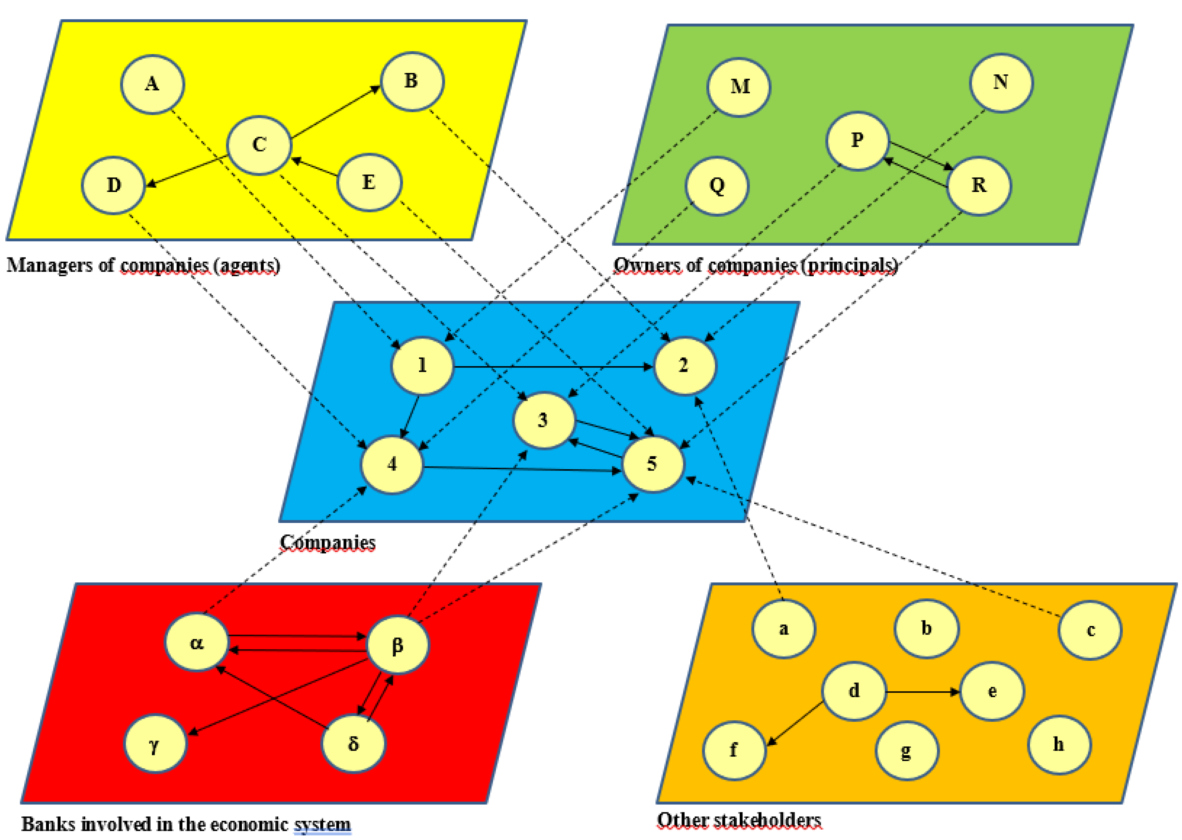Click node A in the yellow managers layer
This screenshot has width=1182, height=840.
click(152, 84)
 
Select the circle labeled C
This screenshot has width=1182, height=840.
click(259, 145)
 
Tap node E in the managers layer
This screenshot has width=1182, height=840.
click(369, 182)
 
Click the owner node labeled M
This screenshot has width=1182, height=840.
click(739, 87)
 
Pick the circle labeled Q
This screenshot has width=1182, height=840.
click(717, 185)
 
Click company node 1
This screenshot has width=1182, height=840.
click(422, 366)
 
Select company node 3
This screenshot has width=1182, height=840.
click(543, 419)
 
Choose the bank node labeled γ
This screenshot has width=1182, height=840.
click(155, 743)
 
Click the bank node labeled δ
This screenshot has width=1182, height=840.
click(353, 743)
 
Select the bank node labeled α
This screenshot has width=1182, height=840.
click(196, 642)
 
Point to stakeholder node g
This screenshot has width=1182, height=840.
click(906, 750)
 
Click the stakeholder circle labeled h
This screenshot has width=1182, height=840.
click(1059, 744)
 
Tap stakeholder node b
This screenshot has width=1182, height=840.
click(926, 628)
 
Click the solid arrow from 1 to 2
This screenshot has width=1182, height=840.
click(553, 367)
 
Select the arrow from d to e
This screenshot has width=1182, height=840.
click(923, 692)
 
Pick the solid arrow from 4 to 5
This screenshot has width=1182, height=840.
click(522, 469)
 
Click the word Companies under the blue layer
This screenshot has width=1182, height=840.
click(328, 543)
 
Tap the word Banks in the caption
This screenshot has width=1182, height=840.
click(48, 823)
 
